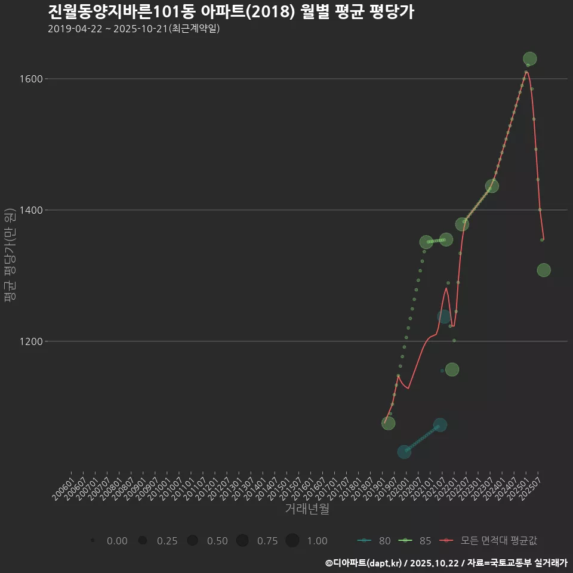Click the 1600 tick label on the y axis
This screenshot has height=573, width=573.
32,79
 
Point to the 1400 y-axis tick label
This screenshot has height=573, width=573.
32,210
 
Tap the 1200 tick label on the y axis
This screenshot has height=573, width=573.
32,341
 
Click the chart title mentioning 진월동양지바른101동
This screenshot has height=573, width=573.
230,11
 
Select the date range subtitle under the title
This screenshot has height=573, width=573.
134,28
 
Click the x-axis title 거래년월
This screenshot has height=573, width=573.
307,509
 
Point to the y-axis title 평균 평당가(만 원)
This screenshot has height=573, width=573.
10,257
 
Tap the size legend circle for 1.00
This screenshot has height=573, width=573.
292,541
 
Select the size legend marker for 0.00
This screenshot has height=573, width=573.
93,541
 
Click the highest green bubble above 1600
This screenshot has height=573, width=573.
529,58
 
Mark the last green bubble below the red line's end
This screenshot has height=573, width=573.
543,270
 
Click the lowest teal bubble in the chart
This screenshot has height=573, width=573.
404,452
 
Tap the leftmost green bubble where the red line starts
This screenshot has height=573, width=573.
388,423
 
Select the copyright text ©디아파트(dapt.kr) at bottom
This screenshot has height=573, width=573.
363,563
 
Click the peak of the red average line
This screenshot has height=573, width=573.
526,72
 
